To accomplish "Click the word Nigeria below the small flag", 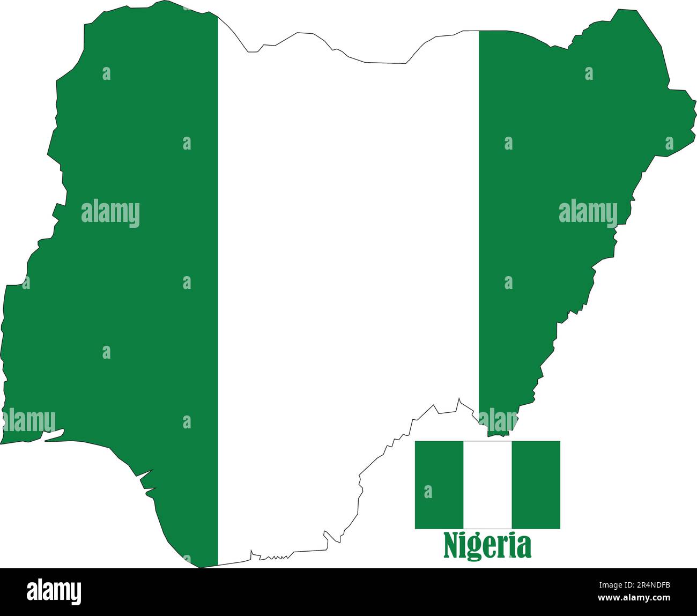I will point(487,546).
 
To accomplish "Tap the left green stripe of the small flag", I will point(439,485).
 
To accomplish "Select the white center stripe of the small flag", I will point(487,485).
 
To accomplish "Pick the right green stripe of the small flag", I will point(536,485).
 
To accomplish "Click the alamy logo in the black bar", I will point(54,592).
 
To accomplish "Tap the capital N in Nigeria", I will point(451,546).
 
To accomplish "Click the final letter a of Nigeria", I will point(524,547).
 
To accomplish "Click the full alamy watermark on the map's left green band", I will point(110,213).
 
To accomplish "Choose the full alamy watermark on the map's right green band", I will point(588,213).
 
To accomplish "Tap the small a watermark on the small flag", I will point(428,492).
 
